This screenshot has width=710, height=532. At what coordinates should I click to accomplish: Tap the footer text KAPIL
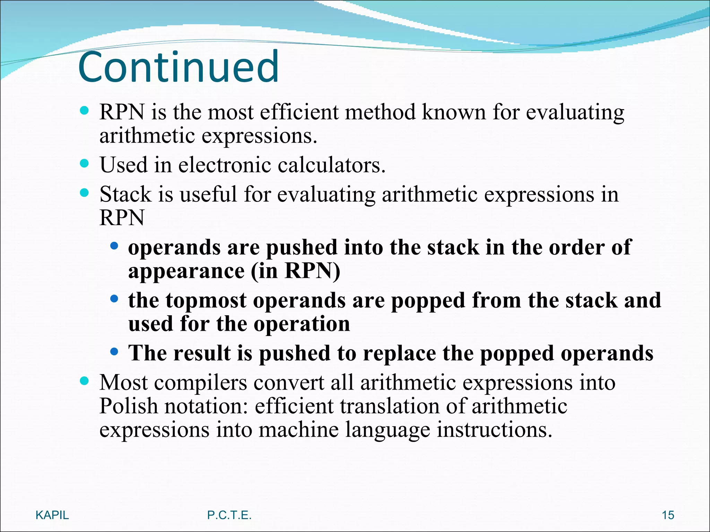pos(52,515)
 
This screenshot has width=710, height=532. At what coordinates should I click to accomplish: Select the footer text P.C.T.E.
pos(229,515)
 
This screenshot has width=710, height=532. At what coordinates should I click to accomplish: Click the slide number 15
pos(668,515)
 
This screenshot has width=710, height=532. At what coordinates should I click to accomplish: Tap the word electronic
pos(225,165)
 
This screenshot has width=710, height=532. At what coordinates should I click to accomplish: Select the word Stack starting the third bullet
pos(125,194)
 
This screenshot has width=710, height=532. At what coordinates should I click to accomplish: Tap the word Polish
pos(128,406)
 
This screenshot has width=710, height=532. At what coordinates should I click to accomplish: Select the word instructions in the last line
pos(494,430)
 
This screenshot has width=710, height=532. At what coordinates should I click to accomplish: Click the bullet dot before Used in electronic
pos(84,163)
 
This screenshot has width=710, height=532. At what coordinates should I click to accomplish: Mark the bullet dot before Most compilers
pos(84,381)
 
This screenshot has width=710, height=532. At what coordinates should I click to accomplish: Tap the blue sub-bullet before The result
pos(114,352)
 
